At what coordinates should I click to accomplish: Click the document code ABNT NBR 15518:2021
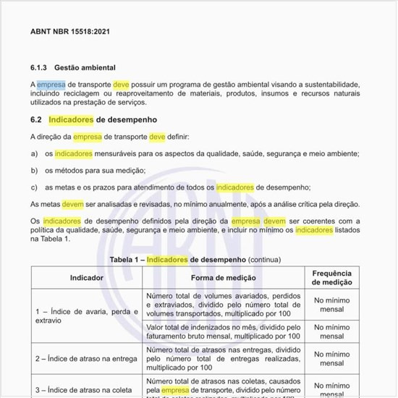[x=70, y=32]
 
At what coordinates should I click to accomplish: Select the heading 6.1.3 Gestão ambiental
[x=73, y=67]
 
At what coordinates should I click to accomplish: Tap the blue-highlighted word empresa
[x=51, y=85]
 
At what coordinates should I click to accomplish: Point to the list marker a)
[x=34, y=153]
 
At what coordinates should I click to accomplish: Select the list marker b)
[x=34, y=170]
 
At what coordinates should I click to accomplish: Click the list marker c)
[x=34, y=187]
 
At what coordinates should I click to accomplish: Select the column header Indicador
[x=86, y=278]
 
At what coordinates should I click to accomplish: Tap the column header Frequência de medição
[x=332, y=278]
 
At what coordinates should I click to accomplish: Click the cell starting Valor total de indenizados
[x=223, y=331]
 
